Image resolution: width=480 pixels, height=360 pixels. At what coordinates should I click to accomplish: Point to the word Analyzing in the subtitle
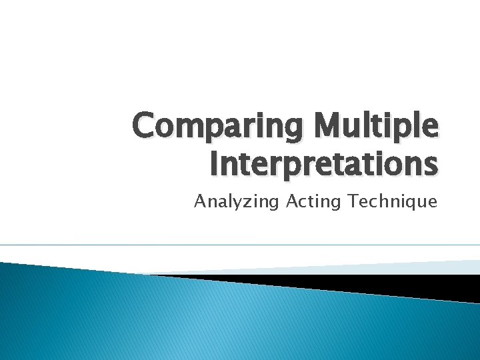(x=236, y=202)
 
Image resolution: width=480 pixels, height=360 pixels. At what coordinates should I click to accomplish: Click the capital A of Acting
(x=291, y=201)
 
